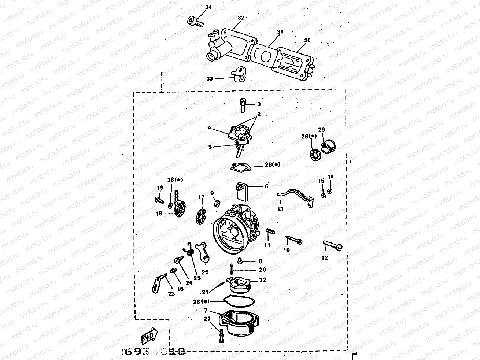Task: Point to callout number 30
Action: (307, 40)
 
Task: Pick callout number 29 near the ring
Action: (321, 130)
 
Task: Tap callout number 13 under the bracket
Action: (281, 209)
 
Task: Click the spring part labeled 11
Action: (270, 233)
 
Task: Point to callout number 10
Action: (287, 250)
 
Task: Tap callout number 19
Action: (160, 188)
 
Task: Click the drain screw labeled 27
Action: (221, 335)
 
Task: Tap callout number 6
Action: (266, 186)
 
